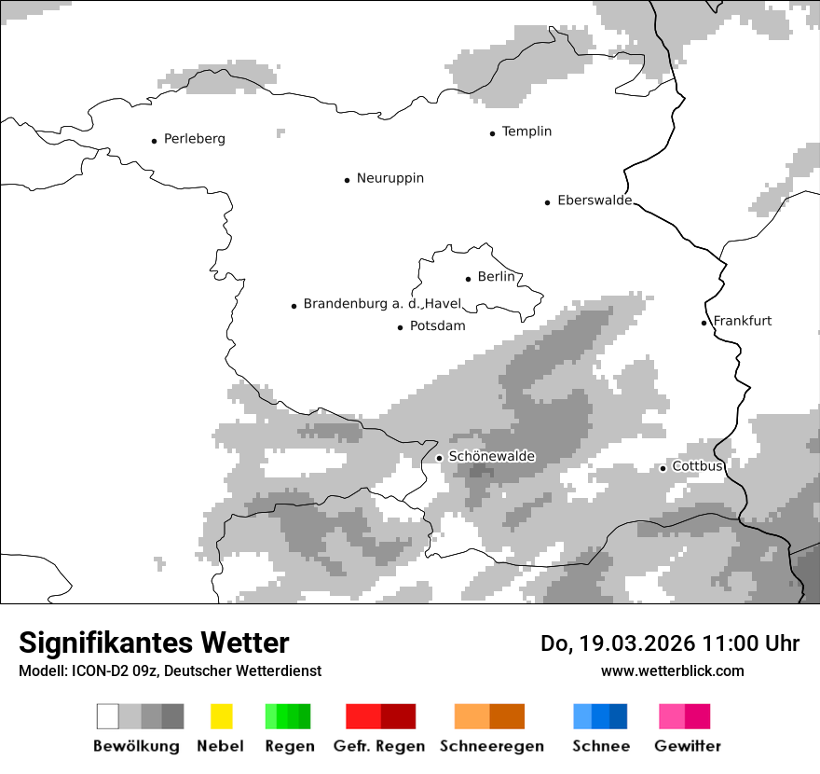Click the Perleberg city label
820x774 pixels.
point(194,139)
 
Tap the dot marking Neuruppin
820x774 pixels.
point(347,179)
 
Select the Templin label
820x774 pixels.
point(526,131)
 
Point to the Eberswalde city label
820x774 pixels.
point(594,200)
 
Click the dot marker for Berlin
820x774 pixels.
point(468,278)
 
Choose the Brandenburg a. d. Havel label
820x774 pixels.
point(382,304)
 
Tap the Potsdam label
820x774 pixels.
point(437,326)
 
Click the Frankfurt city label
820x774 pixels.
point(742,321)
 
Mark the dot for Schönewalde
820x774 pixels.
point(439,457)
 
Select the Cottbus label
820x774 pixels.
point(697,466)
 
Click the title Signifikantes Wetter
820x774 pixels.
point(154,643)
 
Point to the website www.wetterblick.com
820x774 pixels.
point(672,671)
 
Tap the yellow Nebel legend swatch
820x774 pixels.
point(221,716)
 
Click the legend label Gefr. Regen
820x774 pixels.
point(379,746)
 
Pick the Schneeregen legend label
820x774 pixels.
point(491,746)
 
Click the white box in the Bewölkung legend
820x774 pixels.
point(108,716)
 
